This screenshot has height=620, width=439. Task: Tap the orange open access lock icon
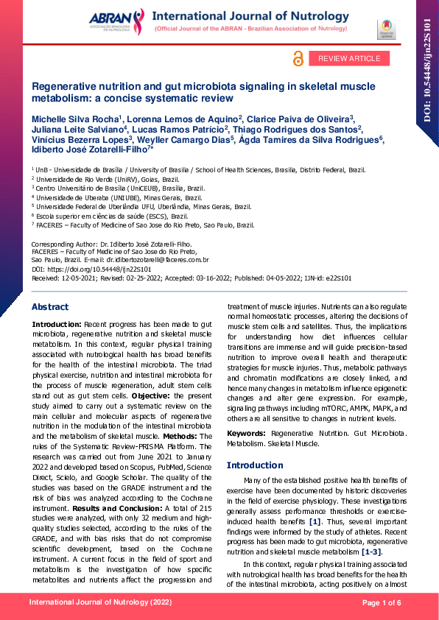[298, 59]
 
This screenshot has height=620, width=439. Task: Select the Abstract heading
[50, 306]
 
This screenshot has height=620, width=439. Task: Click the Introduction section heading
[254, 465]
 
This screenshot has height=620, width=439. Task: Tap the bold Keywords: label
[247, 434]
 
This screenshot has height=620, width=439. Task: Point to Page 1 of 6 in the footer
[382, 604]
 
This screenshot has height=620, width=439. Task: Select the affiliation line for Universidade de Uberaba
[119, 197]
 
